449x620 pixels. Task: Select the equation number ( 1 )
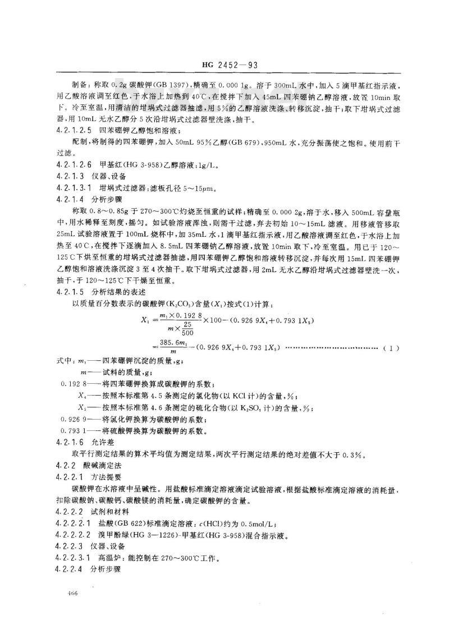pos(391,348)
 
